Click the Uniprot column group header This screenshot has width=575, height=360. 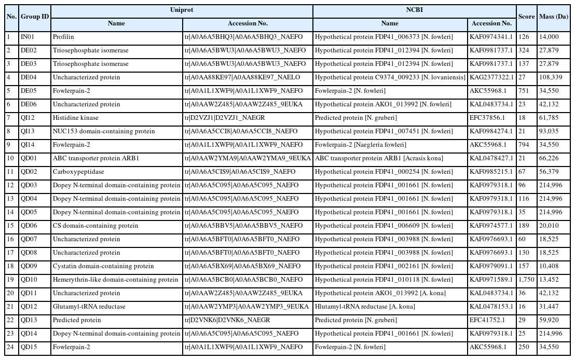(182, 10)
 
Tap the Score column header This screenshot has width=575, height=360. (526, 17)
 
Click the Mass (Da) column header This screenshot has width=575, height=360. (554, 17)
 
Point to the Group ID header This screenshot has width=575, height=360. (35, 17)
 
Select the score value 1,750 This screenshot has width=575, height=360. (526, 280)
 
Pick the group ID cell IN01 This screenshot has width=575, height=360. (27, 37)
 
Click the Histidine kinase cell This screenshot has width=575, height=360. (75, 118)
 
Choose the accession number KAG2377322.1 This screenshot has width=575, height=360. (491, 77)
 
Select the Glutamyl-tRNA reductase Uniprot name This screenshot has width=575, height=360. (89, 307)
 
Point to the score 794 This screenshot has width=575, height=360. (524, 145)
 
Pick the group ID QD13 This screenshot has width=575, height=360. (29, 320)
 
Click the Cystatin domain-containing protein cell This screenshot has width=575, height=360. (103, 266)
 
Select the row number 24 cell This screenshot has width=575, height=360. (9, 347)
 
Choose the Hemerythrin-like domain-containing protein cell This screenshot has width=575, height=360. (115, 280)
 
